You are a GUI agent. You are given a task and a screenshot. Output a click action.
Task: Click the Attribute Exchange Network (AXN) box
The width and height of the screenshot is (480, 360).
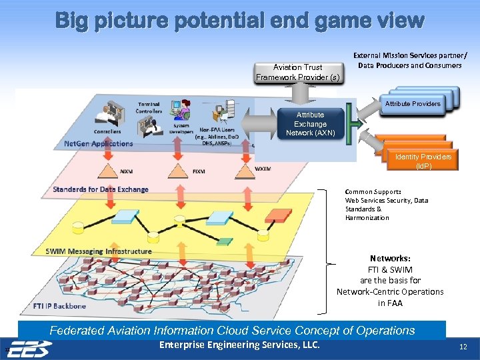310,124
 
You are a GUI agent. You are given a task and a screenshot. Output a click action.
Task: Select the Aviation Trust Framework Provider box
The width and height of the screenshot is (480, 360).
297,72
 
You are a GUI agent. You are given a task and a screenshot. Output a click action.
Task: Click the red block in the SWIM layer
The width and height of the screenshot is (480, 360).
277,215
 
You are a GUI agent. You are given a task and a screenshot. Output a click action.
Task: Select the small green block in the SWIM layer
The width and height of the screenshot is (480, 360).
223,241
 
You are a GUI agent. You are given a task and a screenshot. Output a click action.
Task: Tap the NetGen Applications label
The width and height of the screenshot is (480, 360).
99,143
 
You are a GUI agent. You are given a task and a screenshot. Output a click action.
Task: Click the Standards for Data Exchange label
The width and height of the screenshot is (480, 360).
101,189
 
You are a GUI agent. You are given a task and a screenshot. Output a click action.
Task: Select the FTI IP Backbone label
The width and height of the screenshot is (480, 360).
59,306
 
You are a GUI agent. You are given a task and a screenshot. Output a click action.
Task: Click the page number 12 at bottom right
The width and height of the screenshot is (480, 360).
463,347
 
